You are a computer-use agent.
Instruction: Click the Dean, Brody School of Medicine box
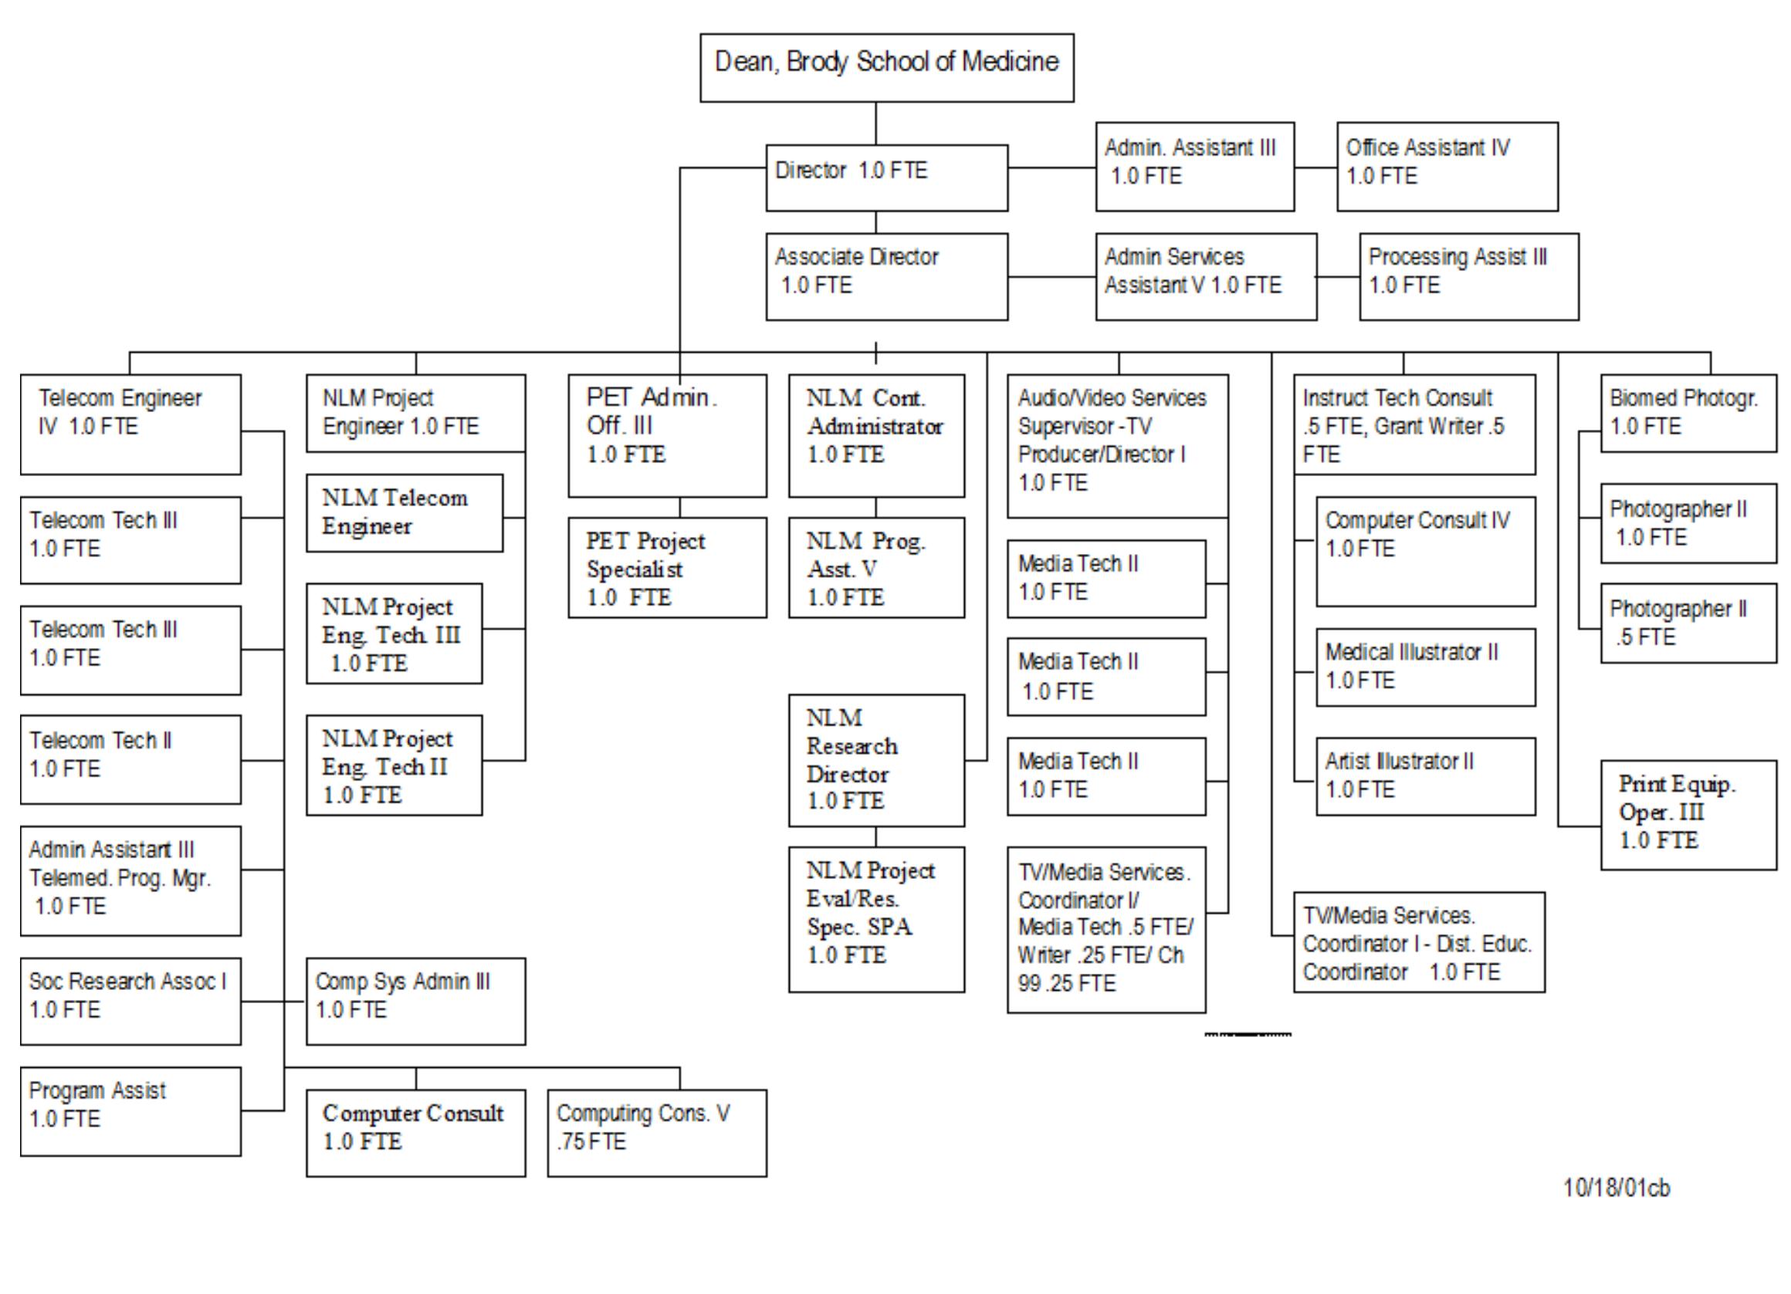886,67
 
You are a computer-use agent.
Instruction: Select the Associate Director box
886,275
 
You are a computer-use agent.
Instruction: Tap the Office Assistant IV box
1447,166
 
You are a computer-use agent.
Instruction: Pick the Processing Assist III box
1468,275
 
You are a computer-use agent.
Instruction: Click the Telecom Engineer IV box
130,424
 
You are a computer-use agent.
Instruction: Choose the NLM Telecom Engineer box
404,512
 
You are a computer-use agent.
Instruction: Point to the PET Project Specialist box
666,567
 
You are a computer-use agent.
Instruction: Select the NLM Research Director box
875,759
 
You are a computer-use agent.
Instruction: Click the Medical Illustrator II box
1424,667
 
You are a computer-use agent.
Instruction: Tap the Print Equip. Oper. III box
1688,814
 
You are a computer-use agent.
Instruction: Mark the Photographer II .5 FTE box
1688,623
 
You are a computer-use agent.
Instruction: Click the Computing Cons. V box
656,1132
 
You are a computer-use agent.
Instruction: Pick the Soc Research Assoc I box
130,1000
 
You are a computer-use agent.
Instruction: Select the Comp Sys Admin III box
415,1000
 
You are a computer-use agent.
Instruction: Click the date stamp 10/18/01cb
1616,1188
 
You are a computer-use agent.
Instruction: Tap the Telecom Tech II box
130,758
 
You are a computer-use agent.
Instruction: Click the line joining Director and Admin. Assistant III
1051,167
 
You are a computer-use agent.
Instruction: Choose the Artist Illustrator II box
1424,775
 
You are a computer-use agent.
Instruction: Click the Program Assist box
130,1111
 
